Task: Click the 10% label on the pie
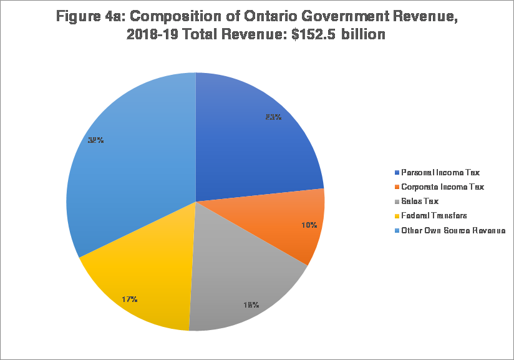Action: pos(309,225)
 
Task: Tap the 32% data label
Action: pos(95,140)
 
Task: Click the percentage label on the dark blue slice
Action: pos(273,117)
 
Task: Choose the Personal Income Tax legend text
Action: pos(440,172)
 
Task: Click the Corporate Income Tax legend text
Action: pos(442,187)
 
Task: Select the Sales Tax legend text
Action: pos(420,201)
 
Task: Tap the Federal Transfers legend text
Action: pos(434,215)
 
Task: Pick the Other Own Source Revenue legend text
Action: pos(453,230)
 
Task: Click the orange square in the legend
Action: pos(397,187)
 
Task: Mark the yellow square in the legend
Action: pos(397,216)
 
